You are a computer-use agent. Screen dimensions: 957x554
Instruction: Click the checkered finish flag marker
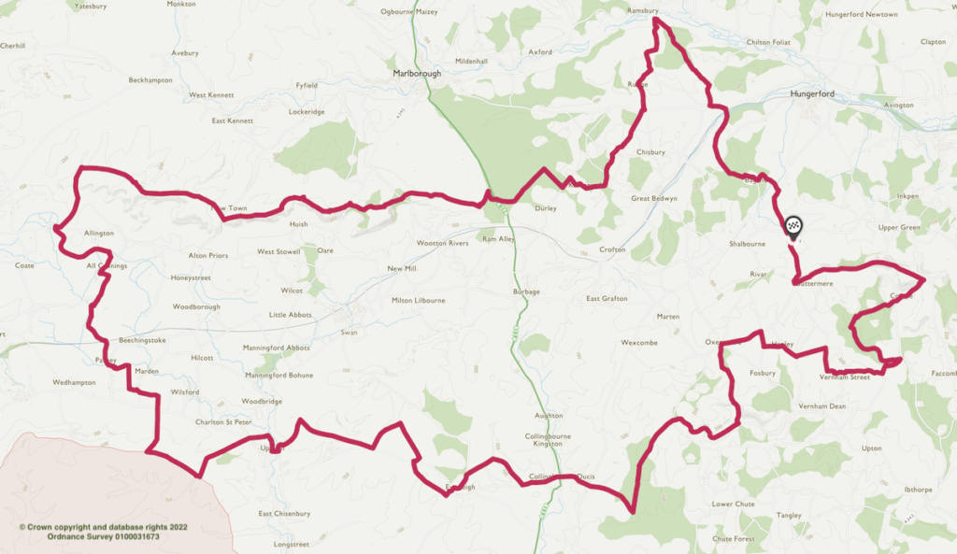click(793, 225)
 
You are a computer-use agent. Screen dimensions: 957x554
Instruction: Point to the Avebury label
click(185, 53)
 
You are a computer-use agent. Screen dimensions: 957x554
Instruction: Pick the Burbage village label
click(526, 292)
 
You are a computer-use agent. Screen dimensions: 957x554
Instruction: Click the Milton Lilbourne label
click(418, 300)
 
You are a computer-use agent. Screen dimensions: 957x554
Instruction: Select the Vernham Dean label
click(821, 406)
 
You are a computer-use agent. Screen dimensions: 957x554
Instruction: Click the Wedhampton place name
click(75, 382)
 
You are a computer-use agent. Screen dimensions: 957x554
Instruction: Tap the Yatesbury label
click(91, 6)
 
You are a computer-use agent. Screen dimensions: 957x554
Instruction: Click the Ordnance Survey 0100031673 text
click(103, 536)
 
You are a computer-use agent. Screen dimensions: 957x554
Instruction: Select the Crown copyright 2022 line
click(103, 527)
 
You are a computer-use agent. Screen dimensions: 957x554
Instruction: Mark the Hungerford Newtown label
click(862, 15)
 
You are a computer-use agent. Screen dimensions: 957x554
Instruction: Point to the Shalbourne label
click(747, 244)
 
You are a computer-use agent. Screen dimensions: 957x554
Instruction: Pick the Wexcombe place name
click(639, 343)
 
